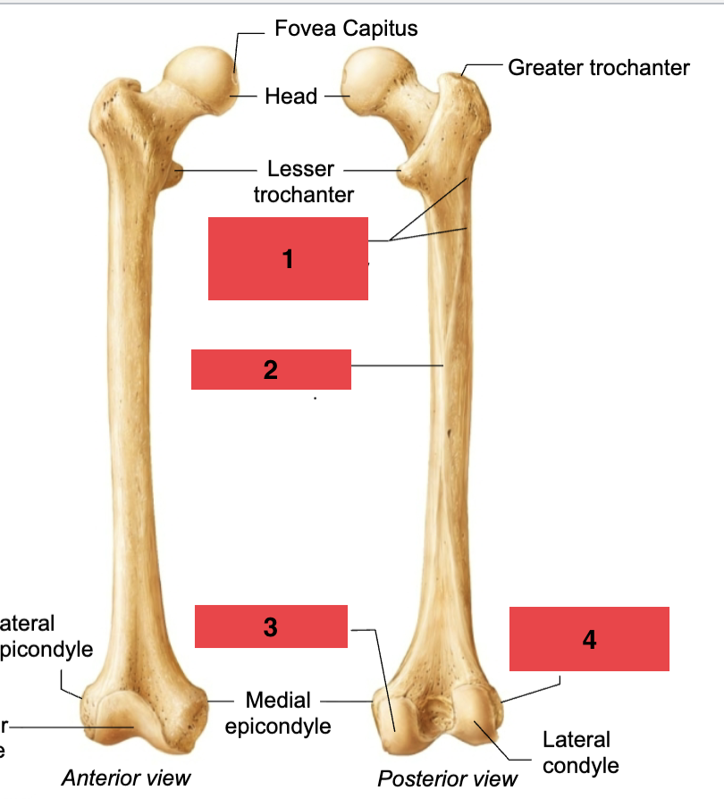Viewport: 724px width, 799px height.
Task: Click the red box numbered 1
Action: [x=288, y=258]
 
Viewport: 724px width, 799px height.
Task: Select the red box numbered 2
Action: [x=271, y=369]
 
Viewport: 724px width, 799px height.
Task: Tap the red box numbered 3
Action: [x=271, y=627]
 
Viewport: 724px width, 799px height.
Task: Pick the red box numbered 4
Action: [x=589, y=639]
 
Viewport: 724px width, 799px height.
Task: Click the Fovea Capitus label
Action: [x=346, y=29]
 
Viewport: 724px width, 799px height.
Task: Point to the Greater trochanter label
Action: [x=599, y=67]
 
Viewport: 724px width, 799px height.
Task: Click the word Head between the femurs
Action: [x=291, y=96]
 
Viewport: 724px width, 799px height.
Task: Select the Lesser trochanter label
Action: [x=302, y=181]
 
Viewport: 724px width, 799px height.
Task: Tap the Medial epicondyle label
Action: [x=278, y=713]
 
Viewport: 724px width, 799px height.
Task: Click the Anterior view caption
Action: [x=125, y=778]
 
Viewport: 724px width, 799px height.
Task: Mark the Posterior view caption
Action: [x=447, y=778]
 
